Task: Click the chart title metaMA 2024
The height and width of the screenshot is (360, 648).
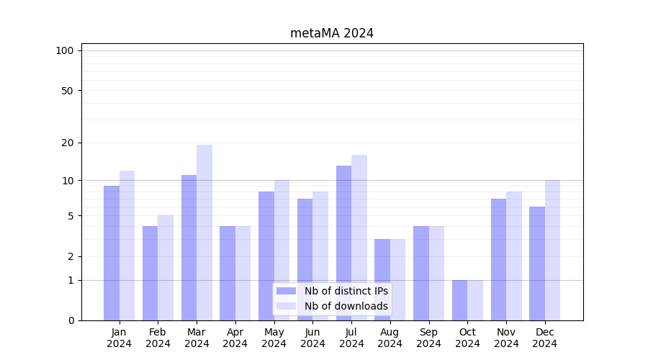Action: click(x=332, y=33)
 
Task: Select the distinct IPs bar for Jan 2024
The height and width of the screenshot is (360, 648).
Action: click(x=112, y=252)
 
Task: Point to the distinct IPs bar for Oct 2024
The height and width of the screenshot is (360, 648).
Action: click(x=459, y=300)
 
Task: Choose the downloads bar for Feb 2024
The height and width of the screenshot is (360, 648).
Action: click(x=166, y=267)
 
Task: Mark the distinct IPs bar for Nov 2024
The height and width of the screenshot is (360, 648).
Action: click(x=498, y=259)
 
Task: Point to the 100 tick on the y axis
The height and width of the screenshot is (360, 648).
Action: click(x=65, y=50)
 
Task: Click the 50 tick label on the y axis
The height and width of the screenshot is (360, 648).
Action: click(x=67, y=91)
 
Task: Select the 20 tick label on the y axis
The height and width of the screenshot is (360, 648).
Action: click(x=67, y=143)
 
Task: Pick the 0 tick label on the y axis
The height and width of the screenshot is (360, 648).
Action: click(x=71, y=320)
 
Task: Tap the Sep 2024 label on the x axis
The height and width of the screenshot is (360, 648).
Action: click(x=428, y=338)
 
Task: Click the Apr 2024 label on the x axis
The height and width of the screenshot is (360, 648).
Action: click(x=235, y=338)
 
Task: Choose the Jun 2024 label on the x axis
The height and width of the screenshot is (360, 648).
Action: click(x=312, y=338)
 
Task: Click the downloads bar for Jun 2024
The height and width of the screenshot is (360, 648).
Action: click(x=320, y=256)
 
